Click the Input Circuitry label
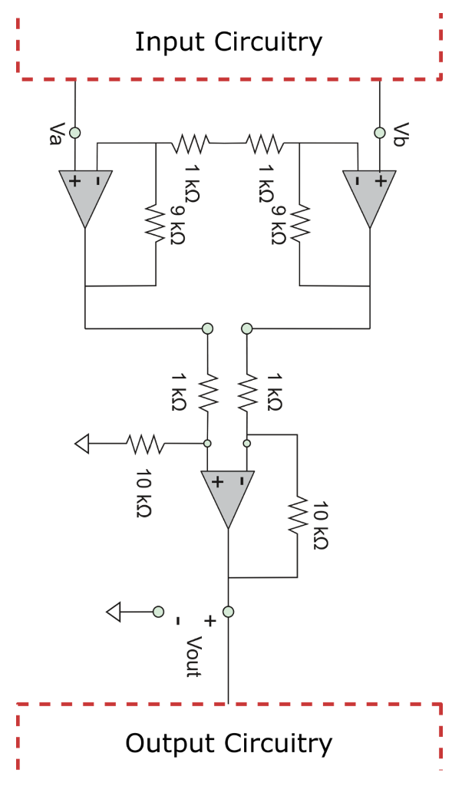(228, 42)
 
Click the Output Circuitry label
(228, 743)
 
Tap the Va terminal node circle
(75, 132)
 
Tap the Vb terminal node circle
(380, 132)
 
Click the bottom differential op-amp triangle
(228, 495)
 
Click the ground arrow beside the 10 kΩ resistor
(83, 443)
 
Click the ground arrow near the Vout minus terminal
(114, 612)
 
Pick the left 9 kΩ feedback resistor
(156, 223)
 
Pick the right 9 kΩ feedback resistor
(299, 223)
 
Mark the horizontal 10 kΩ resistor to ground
(144, 443)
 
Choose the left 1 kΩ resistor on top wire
(190, 142)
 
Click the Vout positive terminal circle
(228, 612)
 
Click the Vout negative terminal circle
(158, 612)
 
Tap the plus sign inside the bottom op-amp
(216, 482)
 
